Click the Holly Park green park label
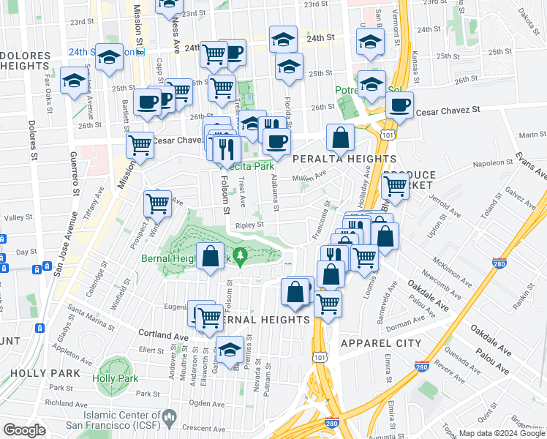tap(110, 379)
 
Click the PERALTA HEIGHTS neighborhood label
tap(344, 159)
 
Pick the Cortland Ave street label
tap(162, 332)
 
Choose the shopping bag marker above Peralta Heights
tap(340, 137)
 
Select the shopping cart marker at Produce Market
tap(396, 185)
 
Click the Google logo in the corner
tap(25, 430)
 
